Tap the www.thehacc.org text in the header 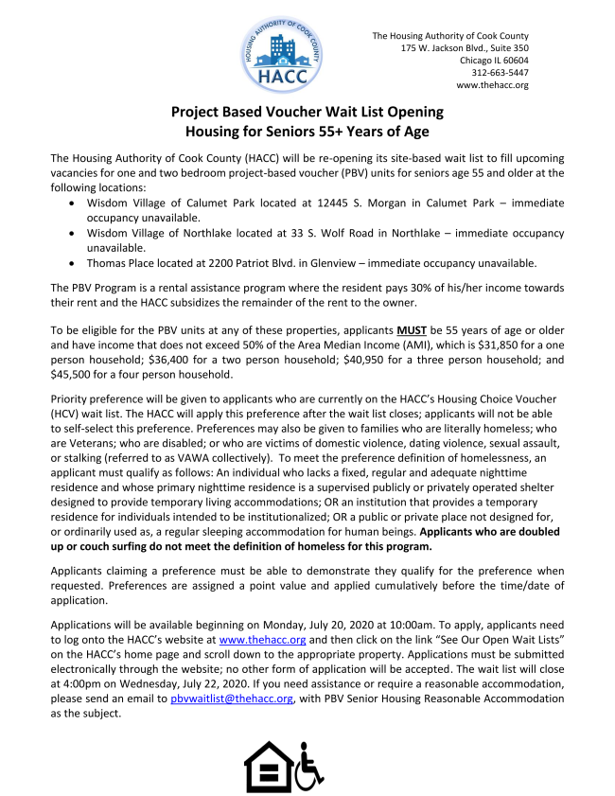tap(492, 84)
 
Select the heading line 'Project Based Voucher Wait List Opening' tap(307, 112)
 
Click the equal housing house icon tap(269, 766)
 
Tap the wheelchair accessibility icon tap(310, 766)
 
